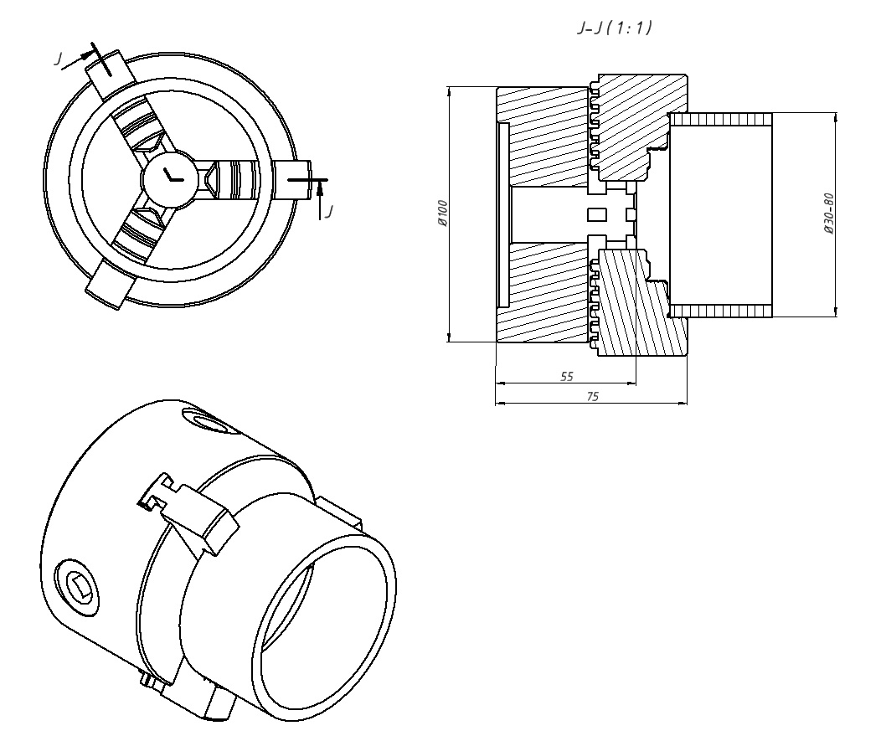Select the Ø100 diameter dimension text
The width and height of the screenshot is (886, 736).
click(x=443, y=214)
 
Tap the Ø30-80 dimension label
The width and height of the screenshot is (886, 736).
click(x=828, y=214)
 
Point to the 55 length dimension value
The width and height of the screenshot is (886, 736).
click(x=566, y=377)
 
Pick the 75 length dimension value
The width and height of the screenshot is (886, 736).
click(x=592, y=397)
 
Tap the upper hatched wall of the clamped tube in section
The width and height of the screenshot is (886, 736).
click(x=720, y=119)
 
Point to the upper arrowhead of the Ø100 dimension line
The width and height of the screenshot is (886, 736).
click(x=450, y=90)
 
